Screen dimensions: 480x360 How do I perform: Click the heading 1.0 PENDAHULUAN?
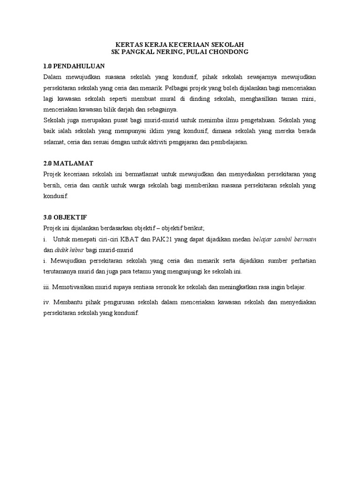(73, 66)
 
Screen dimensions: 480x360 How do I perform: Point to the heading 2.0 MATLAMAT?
(68, 163)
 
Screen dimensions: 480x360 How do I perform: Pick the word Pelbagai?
(178, 88)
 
